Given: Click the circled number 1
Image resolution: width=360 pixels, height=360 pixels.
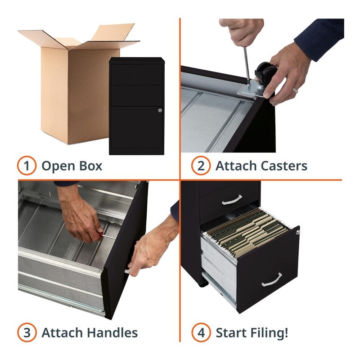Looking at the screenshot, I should click(27, 166).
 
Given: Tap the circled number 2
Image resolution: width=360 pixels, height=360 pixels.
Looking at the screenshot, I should click(200, 166).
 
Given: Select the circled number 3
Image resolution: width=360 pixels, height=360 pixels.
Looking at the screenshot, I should click(27, 333).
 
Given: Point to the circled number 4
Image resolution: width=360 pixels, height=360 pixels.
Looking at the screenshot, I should click(200, 333).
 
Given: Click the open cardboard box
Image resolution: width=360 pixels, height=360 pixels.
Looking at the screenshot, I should click(74, 85).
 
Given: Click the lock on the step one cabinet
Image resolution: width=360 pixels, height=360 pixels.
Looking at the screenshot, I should click(159, 111).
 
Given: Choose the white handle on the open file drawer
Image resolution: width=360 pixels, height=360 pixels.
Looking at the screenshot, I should click(271, 280).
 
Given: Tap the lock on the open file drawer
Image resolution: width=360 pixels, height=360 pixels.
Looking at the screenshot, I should click(297, 232).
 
